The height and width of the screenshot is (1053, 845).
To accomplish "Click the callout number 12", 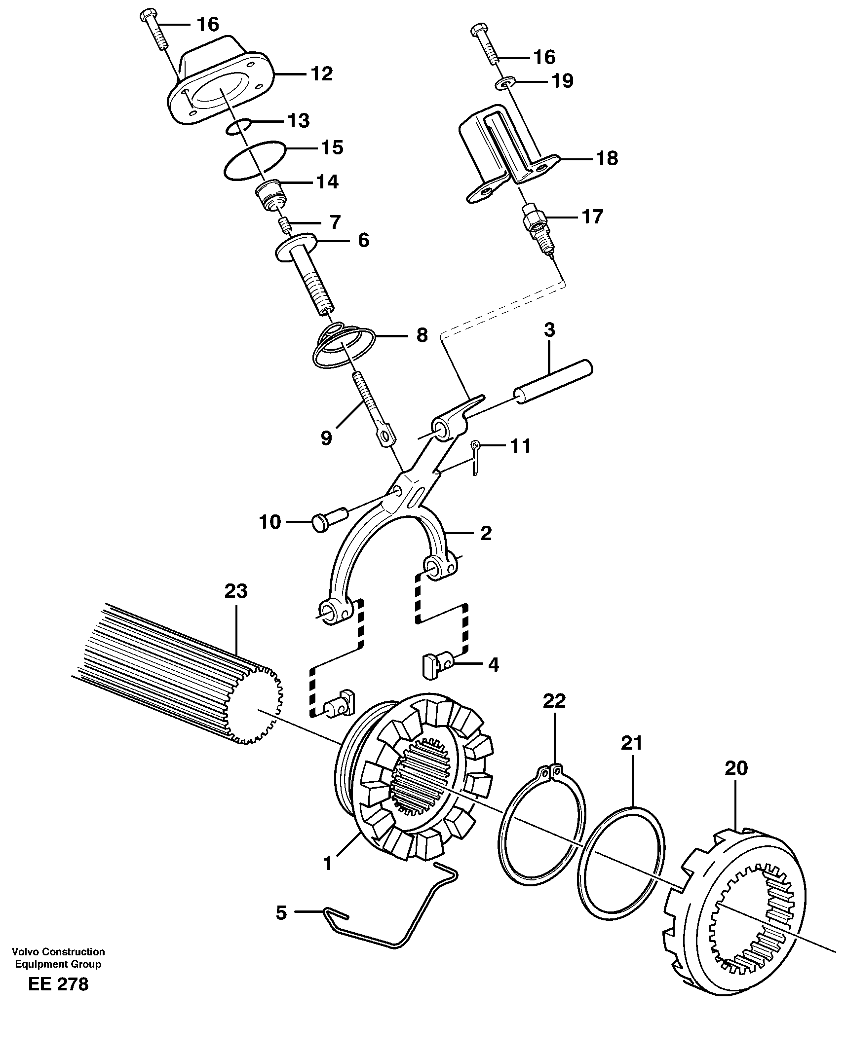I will point(321,74).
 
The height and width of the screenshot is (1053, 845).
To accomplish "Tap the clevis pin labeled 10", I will point(329,521).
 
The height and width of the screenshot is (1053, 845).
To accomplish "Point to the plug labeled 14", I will point(270,196).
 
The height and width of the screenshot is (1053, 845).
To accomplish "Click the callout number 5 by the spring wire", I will point(281,912).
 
